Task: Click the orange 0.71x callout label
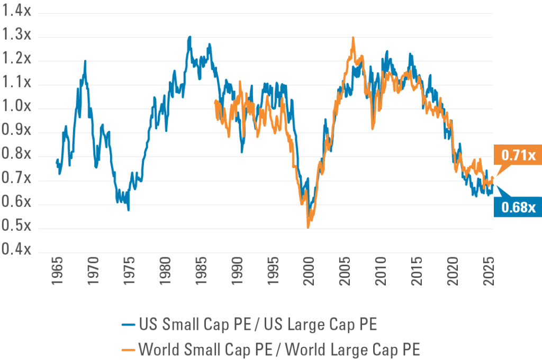click(x=515, y=156)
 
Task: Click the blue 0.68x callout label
click(x=515, y=207)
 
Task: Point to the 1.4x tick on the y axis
click(x=17, y=12)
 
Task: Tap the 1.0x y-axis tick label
click(x=17, y=107)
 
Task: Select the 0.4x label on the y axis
click(x=17, y=249)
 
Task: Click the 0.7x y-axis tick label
click(x=17, y=179)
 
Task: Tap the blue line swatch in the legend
click(x=128, y=325)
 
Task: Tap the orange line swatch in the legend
click(x=128, y=350)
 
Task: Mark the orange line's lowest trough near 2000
click(x=308, y=227)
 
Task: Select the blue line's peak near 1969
click(x=85, y=61)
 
